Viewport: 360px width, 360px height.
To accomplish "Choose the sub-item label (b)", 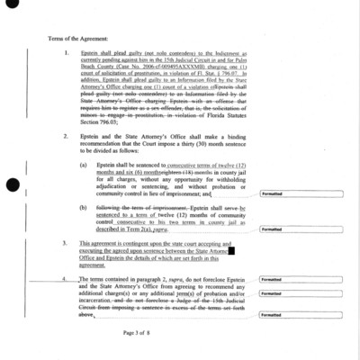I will click(84, 207).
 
